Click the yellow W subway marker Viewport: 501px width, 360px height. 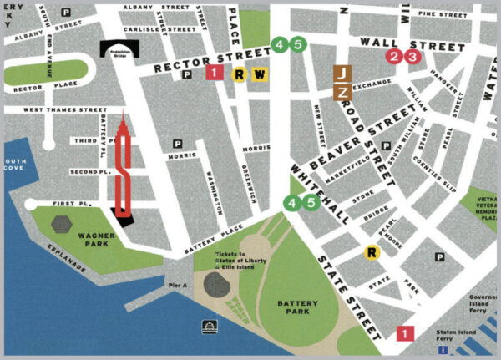pos(260,74)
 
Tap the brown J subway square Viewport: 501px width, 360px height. pos(342,74)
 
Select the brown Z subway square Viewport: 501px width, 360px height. pos(342,89)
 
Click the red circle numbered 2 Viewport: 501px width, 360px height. pos(394,56)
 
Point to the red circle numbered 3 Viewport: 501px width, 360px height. pos(409,56)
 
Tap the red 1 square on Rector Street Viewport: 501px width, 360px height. pos(215,74)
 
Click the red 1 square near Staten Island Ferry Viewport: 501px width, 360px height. pos(406,333)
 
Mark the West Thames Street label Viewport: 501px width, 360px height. pos(53,109)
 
